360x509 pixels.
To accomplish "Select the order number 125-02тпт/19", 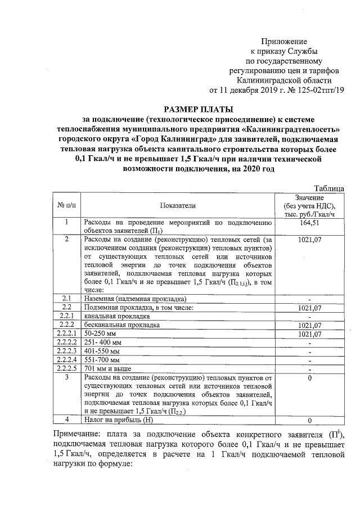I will [x=315, y=89].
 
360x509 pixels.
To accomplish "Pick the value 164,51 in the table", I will [x=309, y=223].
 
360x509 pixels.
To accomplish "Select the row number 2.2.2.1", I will [x=66, y=334].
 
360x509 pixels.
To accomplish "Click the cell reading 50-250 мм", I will [x=100, y=334].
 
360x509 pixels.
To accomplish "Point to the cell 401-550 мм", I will [x=102, y=351].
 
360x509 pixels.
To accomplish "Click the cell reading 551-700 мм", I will [x=102, y=360].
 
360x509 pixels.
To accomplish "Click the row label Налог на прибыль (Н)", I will [x=118, y=419].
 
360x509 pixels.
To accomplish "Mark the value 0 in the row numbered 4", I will [x=309, y=420].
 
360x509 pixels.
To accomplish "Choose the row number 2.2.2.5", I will [x=66, y=368].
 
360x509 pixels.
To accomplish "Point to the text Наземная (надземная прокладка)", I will [x=135, y=299].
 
